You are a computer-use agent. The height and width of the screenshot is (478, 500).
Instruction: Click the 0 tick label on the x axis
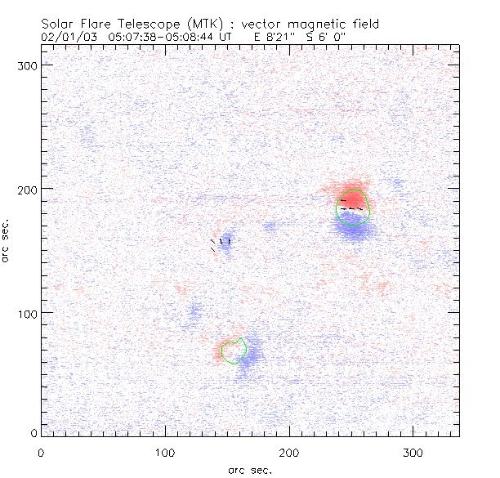(x=41, y=452)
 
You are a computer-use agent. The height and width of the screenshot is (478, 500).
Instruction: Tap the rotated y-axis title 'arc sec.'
(x=7, y=240)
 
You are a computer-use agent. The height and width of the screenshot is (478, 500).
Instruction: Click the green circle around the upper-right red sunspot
(x=369, y=208)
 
